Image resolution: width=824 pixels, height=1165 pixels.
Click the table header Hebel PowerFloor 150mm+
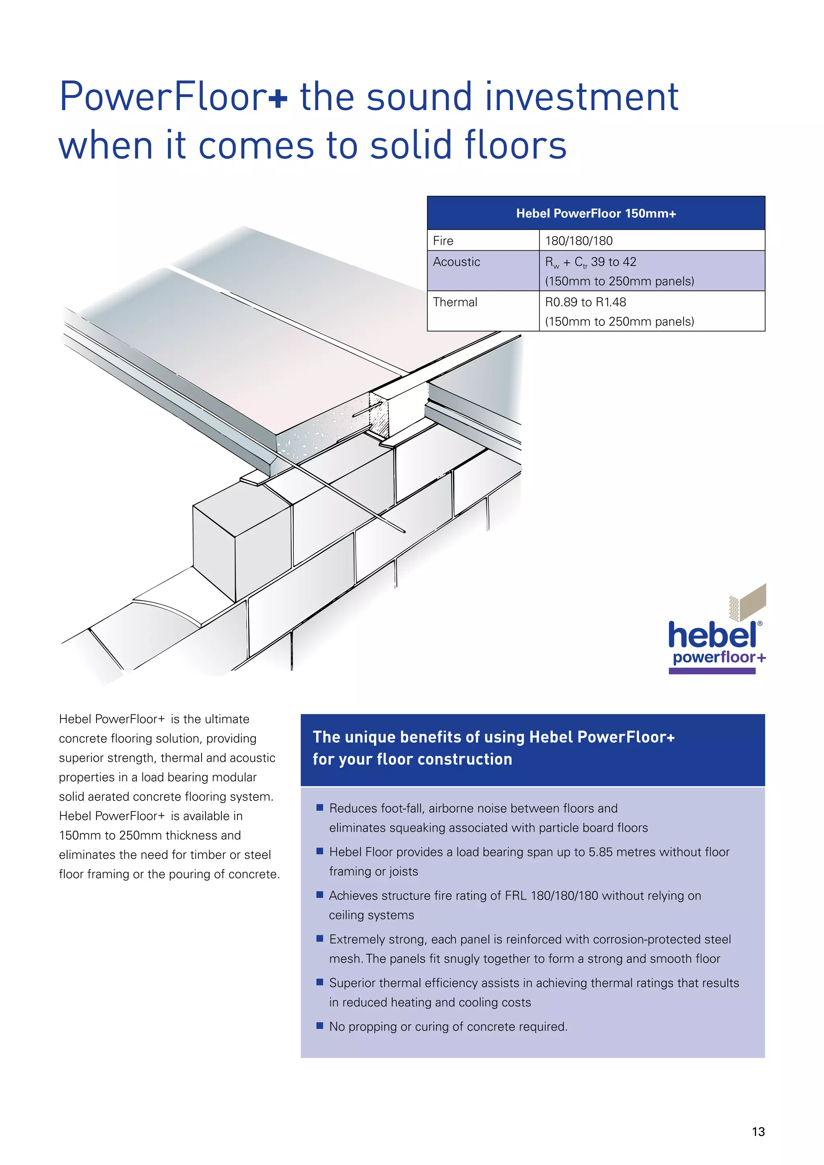coord(596,214)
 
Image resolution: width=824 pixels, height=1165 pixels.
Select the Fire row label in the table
coord(443,241)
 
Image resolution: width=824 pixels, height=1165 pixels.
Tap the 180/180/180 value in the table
coord(579,241)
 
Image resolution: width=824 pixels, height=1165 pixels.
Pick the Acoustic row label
coord(456,262)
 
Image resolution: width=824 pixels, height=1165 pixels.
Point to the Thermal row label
coord(455,303)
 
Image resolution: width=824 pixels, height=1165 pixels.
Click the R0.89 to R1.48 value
coord(585,303)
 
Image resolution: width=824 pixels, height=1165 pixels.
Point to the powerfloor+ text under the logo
coord(719,658)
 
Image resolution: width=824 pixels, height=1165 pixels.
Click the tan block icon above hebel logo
coord(751,603)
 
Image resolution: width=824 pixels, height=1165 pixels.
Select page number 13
coord(758,1132)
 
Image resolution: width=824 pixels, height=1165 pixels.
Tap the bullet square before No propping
coord(319,1025)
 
